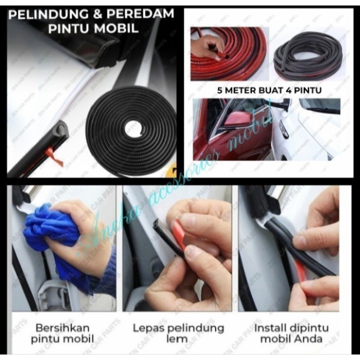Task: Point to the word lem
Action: pos(177,339)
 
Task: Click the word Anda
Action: pos(311,339)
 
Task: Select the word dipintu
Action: pos(310,328)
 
